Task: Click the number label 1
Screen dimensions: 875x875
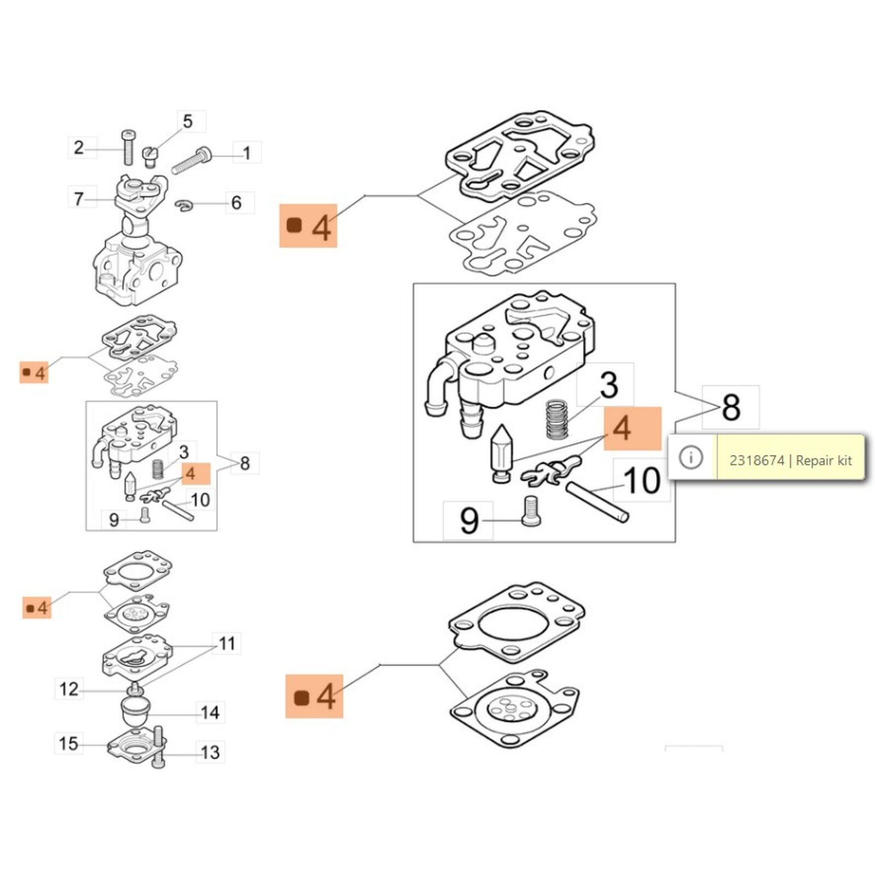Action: click(247, 153)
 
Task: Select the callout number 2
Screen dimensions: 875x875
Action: click(79, 148)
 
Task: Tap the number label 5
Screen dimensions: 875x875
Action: click(188, 121)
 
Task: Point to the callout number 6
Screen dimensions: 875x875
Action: click(236, 203)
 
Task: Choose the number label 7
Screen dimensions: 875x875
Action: click(79, 199)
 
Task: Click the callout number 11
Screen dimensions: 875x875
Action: click(226, 644)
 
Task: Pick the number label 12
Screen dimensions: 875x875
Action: click(69, 689)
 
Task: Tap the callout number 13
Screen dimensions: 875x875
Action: click(210, 752)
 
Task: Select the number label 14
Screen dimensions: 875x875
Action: click(210, 713)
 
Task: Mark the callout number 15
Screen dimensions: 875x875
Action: click(68, 744)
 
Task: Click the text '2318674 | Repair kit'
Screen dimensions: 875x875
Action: click(790, 460)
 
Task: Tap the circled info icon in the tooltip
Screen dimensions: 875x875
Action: click(691, 457)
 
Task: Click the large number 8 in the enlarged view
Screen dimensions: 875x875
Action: click(731, 407)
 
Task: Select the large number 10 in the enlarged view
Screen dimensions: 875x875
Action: click(641, 481)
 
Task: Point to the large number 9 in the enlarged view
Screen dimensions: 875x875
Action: click(469, 520)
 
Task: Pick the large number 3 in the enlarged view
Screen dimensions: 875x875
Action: click(608, 384)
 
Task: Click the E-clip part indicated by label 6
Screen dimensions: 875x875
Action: click(184, 206)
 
